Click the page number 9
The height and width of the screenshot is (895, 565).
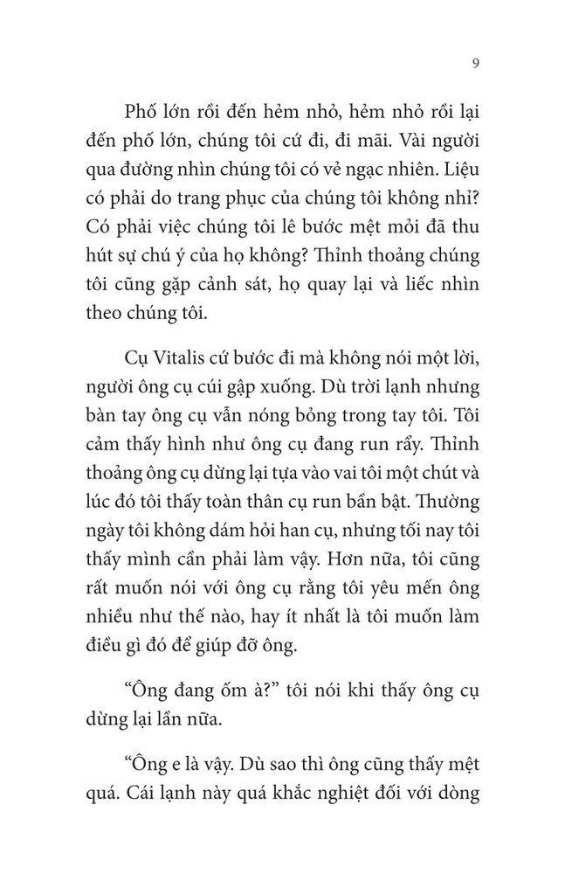472,63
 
